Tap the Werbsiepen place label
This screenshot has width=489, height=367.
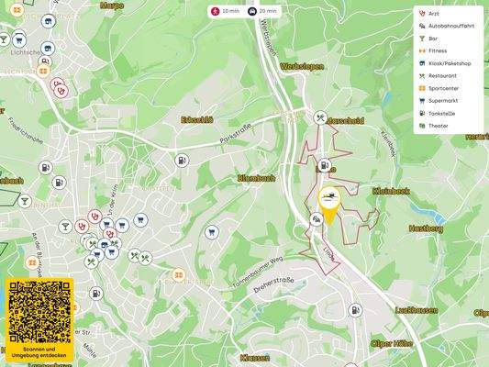coord(304,67)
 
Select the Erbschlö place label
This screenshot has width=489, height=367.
coord(197,120)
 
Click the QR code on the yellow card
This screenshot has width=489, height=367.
coord(39,310)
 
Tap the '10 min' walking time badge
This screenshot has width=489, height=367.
coord(224,11)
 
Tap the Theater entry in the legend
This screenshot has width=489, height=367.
coord(438,126)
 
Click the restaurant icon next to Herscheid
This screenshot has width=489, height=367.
coord(320,117)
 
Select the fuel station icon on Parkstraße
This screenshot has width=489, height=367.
coord(182,160)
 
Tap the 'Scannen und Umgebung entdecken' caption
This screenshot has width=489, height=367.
coord(39,352)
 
